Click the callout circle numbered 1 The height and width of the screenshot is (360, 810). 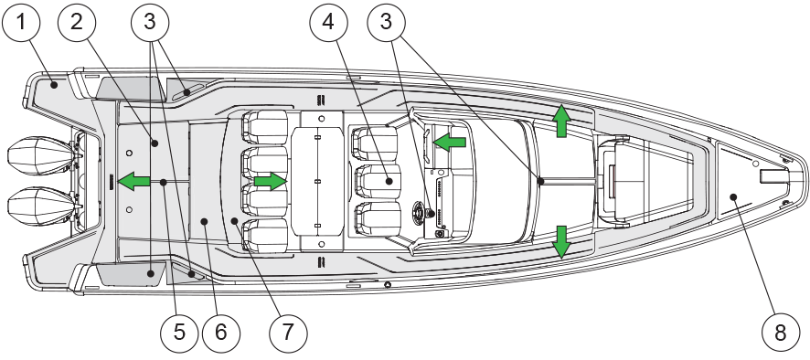21,22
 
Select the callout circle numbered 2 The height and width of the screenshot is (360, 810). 77,22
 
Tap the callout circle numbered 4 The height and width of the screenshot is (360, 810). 328,22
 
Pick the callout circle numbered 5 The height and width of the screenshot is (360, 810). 179,332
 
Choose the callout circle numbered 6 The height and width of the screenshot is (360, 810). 220,332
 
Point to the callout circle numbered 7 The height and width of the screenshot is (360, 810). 288,332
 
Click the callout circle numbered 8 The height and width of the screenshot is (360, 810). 780,332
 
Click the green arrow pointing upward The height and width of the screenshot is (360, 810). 561,121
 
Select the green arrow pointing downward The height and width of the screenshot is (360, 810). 561,242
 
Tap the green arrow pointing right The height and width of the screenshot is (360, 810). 271,181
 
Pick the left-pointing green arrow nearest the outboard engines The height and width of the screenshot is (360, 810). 133,181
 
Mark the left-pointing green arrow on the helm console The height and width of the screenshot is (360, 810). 450,142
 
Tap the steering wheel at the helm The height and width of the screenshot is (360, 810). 422,212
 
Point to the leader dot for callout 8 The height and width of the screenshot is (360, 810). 732,196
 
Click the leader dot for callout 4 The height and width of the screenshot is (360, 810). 389,181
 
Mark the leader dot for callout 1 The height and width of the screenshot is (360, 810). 54,84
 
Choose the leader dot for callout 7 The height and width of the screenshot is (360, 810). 234,220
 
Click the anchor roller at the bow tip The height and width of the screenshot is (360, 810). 772,176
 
